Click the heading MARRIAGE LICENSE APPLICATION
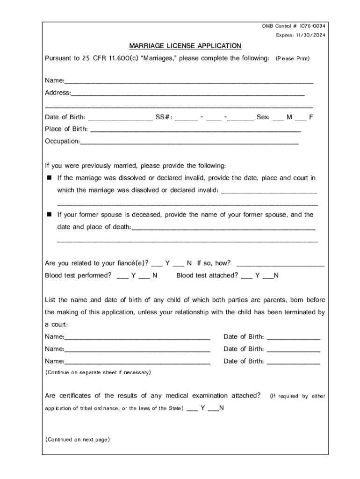[x=185, y=46]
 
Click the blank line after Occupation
[x=189, y=142]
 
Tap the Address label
[x=58, y=93]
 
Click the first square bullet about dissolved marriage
[x=49, y=178]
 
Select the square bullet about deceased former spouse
[x=49, y=215]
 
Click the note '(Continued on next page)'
[x=77, y=440]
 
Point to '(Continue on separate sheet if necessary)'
[x=98, y=373]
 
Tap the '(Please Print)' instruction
[x=293, y=59]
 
